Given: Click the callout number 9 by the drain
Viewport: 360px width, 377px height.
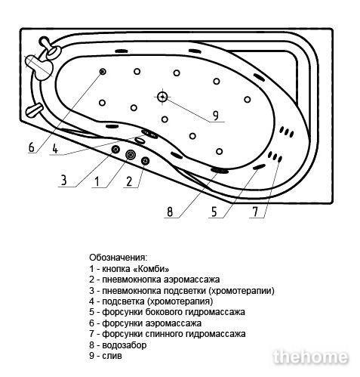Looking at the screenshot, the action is (x=215, y=116).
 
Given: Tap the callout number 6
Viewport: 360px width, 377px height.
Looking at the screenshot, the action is (x=31, y=147).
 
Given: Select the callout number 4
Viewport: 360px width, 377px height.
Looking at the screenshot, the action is (x=55, y=149).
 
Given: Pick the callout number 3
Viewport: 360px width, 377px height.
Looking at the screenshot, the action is (x=64, y=181).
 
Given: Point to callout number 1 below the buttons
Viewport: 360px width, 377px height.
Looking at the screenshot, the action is (x=97, y=181).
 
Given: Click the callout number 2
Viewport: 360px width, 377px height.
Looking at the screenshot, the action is (x=129, y=181).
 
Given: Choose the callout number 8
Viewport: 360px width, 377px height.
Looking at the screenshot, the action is (x=170, y=212).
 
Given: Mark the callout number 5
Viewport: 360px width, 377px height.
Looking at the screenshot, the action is (x=214, y=212).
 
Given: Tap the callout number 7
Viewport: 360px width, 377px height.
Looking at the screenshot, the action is (x=255, y=212).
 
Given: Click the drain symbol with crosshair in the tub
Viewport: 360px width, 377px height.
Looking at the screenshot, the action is (x=162, y=97).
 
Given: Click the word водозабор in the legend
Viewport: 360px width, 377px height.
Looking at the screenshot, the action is (x=125, y=345).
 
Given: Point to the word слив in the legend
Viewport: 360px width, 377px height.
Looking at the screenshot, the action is (x=112, y=356).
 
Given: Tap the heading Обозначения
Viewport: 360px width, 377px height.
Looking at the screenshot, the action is (x=118, y=258).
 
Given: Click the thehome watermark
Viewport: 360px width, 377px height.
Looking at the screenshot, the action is (x=311, y=357).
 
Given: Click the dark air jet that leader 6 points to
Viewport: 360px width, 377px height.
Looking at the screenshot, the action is (x=103, y=72).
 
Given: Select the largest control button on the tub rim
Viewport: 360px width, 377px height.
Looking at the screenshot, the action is (x=131, y=155).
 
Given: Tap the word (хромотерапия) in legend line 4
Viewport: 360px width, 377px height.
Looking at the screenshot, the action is (x=180, y=301).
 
